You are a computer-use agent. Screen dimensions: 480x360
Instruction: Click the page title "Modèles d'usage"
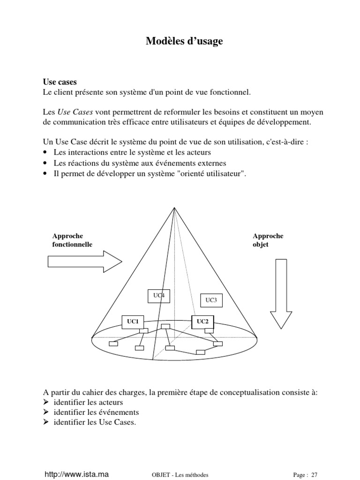tap(184, 42)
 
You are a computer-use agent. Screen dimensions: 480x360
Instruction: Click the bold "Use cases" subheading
tap(60, 82)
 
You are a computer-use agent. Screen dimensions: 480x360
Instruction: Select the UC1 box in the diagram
tap(133, 322)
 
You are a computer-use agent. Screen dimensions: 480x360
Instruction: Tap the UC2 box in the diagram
tap(202, 322)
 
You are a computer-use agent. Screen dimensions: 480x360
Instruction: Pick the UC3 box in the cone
tap(211, 300)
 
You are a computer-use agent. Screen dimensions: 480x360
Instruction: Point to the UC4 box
tap(158, 295)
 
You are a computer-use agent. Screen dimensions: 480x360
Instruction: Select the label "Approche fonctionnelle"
tap(72, 240)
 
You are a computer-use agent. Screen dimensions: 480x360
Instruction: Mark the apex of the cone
tap(174, 208)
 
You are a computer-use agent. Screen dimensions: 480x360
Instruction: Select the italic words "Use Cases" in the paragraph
tap(75, 112)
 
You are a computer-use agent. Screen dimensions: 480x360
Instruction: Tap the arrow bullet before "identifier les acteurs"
tap(45, 403)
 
